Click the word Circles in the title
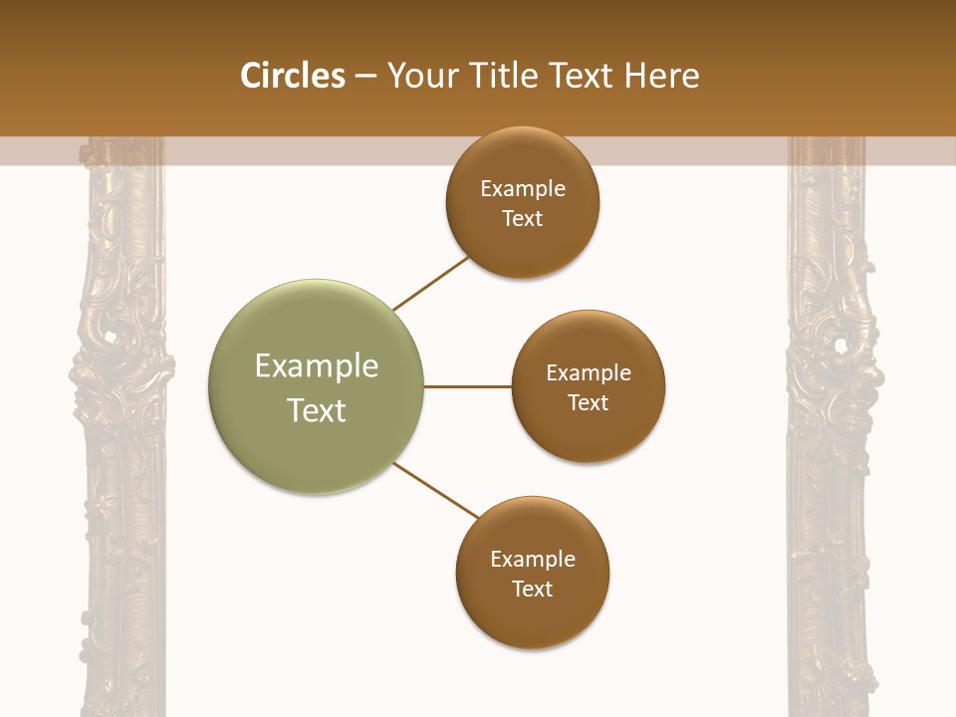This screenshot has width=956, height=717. (293, 76)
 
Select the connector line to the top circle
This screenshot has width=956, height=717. (430, 284)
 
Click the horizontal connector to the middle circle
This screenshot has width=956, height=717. (467, 386)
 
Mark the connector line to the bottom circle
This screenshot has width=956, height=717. (437, 491)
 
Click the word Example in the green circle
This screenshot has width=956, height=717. (317, 366)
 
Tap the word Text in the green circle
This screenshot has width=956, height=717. (317, 410)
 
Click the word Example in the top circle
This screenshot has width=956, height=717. (523, 189)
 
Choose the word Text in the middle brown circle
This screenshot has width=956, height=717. (589, 402)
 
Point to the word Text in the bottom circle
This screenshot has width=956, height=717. (532, 589)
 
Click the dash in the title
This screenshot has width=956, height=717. (365, 77)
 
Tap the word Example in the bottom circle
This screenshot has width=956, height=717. (533, 559)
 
